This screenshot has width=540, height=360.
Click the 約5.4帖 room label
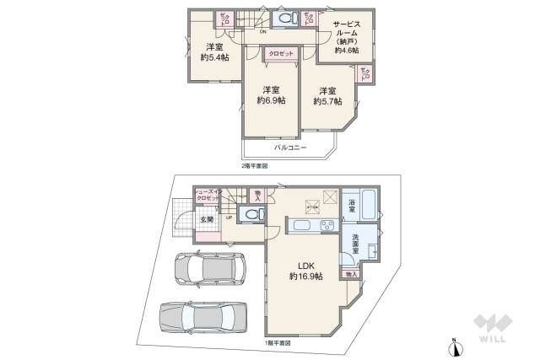[x=213, y=52]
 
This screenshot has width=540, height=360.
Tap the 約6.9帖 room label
[x=270, y=94]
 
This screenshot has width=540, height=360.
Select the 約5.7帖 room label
[x=327, y=95]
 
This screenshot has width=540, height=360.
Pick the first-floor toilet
[x=251, y=214]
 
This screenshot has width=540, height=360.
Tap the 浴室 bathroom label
[x=355, y=204]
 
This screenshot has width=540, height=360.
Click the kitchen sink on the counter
[x=302, y=227]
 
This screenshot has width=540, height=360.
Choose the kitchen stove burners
[x=327, y=226]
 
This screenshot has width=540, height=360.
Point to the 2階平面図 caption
[x=254, y=166]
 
